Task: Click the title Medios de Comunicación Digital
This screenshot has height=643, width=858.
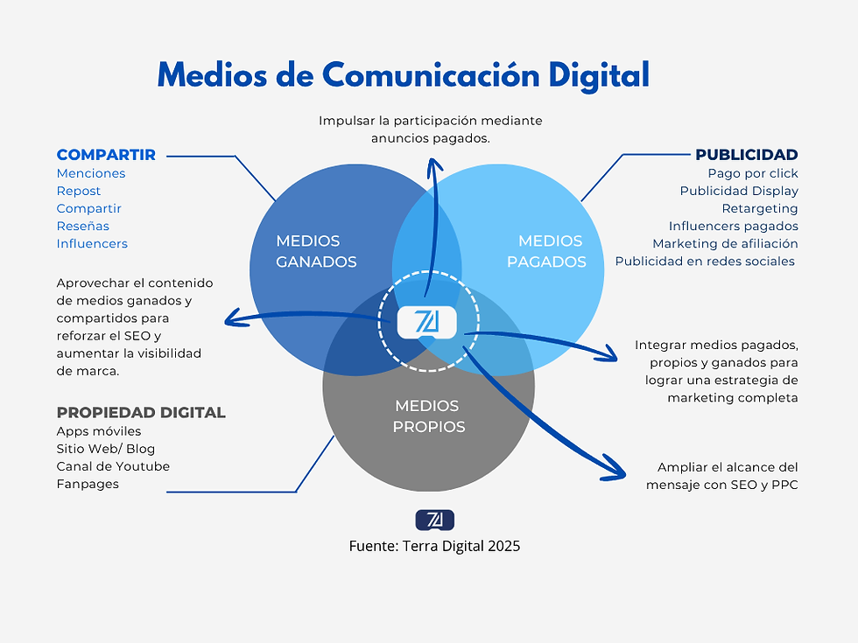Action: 403,75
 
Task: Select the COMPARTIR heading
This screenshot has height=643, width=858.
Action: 106,155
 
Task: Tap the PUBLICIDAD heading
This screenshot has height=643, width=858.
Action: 746,155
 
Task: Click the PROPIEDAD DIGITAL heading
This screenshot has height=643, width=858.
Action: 141,412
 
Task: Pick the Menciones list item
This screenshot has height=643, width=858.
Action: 91,173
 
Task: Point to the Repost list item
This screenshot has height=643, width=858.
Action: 79,191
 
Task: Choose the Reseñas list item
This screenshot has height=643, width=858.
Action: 83,226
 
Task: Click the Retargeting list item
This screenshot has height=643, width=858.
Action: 760,208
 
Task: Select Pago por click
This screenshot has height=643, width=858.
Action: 753,173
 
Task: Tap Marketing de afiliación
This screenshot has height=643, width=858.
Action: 725,243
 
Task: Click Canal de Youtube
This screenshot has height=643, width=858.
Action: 113,466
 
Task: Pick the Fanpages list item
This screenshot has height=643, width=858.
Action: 88,484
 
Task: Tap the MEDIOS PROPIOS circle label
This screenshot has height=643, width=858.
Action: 428,416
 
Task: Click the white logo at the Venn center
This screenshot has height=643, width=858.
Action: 428,322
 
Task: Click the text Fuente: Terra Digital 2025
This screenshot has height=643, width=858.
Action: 434,546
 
